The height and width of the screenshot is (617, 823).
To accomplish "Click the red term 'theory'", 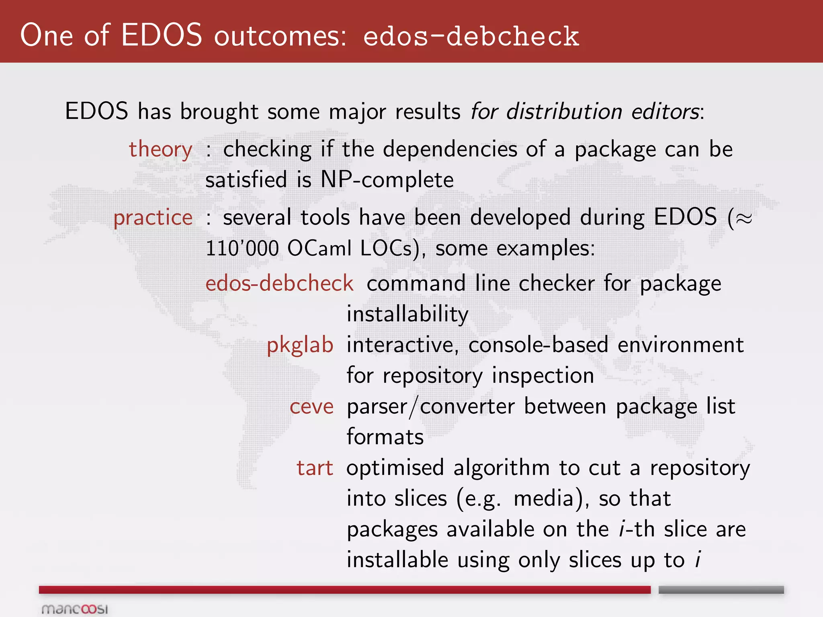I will tap(160, 150).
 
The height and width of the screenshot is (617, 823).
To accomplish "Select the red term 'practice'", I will tap(153, 218).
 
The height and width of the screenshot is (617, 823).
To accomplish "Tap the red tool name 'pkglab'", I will tap(300, 345).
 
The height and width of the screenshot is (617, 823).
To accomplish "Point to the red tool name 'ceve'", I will tap(311, 407).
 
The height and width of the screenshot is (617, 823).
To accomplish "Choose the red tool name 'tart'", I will tap(315, 468).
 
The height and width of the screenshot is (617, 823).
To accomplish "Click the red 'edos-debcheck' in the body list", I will tap(279, 284).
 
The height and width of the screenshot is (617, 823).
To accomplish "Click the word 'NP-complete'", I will tap(387, 180).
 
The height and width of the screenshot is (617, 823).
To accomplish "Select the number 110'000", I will tap(242, 248).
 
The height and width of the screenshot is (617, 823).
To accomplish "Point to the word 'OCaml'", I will tap(319, 248).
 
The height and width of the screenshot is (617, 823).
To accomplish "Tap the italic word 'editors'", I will tap(665, 111).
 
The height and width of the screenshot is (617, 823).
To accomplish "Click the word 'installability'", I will tap(407, 314).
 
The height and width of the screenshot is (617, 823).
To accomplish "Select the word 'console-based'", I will tap(538, 345).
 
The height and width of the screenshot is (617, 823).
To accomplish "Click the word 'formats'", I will tap(385, 437).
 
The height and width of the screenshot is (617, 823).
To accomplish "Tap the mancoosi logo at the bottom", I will tap(75, 609).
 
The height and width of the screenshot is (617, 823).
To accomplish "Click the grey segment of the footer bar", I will tap(721, 590).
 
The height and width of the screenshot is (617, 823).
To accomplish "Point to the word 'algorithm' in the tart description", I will tap(502, 468).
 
